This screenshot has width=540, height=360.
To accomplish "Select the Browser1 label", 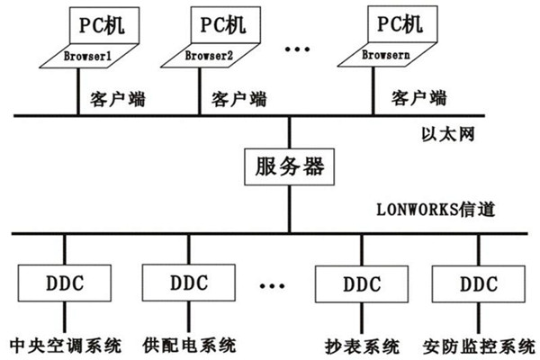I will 86,56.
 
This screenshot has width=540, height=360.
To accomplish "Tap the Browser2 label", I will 210,56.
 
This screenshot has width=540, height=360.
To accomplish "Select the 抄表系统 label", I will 355,345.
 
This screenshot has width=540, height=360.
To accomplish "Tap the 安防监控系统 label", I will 475,345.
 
